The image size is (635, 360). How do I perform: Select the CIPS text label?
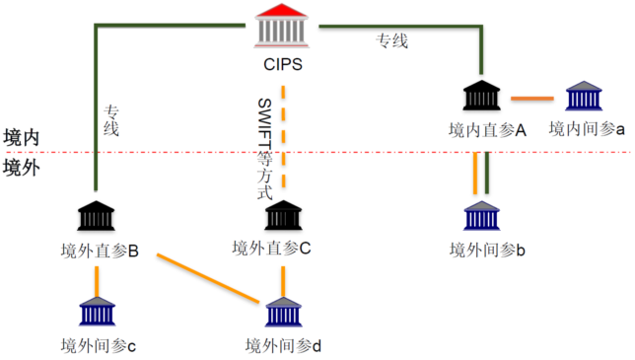(282, 67)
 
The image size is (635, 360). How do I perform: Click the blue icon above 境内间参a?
(584, 97)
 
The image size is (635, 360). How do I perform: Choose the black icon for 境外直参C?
(283, 216)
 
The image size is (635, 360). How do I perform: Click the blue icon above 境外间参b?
(482, 217)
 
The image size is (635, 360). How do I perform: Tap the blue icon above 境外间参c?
(97, 311)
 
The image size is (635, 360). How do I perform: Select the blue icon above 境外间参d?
(283, 312)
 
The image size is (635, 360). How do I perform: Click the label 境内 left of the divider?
(22, 137)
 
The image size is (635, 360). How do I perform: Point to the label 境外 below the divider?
(22, 167)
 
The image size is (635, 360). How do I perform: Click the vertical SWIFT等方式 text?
(263, 148)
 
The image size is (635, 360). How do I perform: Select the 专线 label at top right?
(391, 40)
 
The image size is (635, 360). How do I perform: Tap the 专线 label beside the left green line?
(111, 118)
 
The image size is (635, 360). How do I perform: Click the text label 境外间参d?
(284, 345)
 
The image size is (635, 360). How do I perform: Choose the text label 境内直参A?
(486, 129)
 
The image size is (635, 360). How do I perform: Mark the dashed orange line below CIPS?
(283, 138)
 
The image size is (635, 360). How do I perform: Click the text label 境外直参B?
(98, 251)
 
